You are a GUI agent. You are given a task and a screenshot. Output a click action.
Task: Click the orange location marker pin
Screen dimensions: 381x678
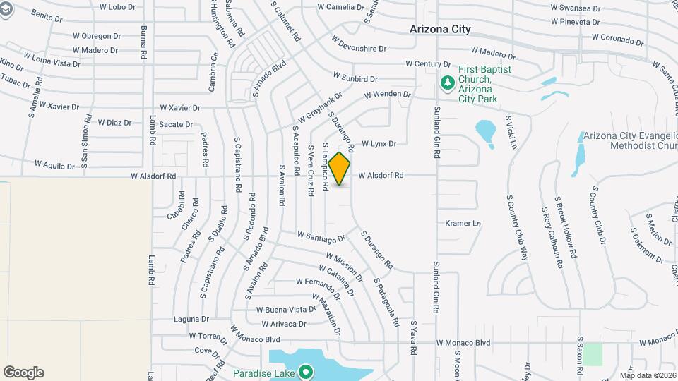tap(340, 169)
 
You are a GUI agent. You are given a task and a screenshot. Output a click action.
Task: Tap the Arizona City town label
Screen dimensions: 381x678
tap(441, 30)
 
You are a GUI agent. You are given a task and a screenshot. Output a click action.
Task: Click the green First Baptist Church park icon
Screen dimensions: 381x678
tap(447, 83)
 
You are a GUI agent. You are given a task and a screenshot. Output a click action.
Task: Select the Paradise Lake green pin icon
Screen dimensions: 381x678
tap(306, 370)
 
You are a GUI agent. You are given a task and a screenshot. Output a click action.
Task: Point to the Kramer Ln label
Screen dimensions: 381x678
tap(463, 224)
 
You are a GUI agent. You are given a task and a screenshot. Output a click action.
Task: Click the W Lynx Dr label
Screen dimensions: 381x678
tap(379, 143)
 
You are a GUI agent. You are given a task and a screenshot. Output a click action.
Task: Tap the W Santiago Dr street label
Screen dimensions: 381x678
tap(321, 236)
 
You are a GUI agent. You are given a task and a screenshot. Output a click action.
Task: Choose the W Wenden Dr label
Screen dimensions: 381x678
tap(387, 94)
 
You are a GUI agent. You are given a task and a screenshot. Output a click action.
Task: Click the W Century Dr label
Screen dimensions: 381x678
tap(423, 64)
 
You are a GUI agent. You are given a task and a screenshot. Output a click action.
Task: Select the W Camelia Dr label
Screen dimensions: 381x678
tap(340, 7)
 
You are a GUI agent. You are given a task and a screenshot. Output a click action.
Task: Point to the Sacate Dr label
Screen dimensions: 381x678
tap(176, 125)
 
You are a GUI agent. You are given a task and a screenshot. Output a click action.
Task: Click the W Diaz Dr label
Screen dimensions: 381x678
tap(114, 123)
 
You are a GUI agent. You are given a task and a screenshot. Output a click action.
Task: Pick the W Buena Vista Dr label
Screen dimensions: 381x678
tap(285, 310)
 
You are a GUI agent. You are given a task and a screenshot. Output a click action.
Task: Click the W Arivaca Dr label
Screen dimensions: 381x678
tap(283, 325)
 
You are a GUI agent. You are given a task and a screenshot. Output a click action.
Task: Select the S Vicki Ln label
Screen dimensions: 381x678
tap(512, 132)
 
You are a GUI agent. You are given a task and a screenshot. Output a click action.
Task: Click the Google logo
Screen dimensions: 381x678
tap(23, 373)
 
